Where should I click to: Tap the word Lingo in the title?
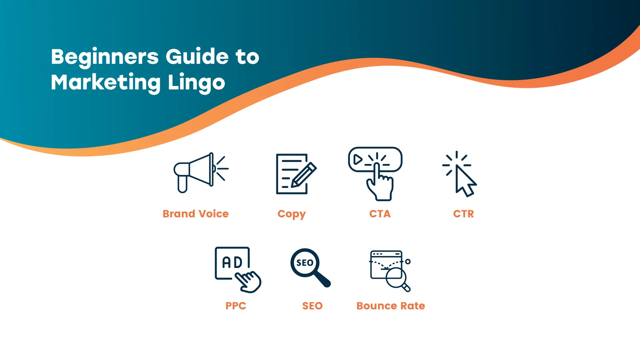196,83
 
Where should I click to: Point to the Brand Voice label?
196,214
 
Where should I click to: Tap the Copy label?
292,214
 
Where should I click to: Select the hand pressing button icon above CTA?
375,174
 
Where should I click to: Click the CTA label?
380,214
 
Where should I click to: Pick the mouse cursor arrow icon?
465,180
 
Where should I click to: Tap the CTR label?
464,214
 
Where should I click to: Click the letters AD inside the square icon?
232,262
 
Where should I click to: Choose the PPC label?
236,306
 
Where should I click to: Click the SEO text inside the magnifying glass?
305,263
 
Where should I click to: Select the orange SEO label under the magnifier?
313,306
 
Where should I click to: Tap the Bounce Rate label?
391,306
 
